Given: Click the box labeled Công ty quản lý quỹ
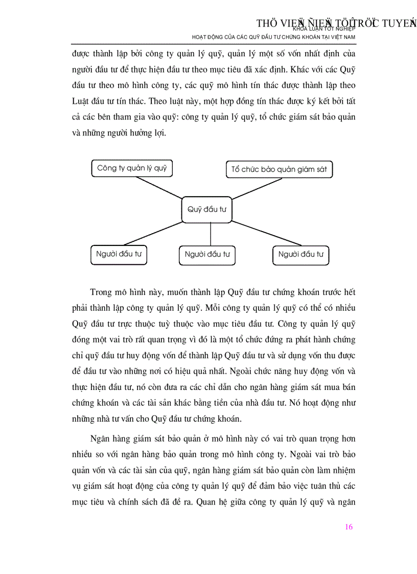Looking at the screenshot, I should (132, 168).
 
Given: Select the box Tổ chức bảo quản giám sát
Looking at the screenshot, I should (279, 169).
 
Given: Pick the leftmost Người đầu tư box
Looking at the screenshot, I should (119, 254).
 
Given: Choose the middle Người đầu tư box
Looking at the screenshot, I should (207, 255).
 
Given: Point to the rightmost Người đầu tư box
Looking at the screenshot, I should (300, 255).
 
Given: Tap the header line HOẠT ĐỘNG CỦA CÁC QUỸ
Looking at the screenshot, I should (273, 37).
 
